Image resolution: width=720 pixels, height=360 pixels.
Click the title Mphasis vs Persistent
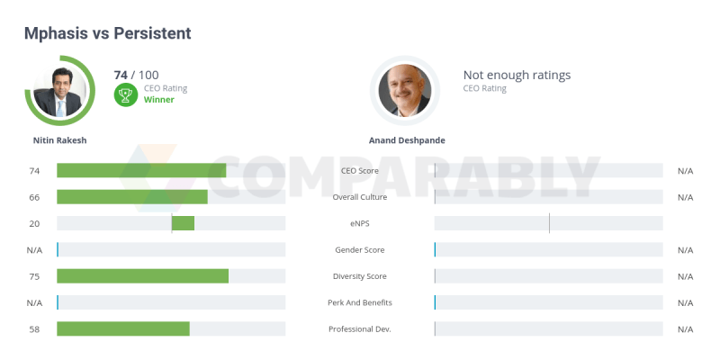point(107,33)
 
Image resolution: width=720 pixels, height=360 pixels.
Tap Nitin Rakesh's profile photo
point(60,91)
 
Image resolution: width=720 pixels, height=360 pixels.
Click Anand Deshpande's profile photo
point(405,91)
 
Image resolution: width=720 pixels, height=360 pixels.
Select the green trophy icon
point(126,94)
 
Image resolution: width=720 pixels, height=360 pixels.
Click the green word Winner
point(159,100)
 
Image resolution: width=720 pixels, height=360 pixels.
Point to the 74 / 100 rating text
point(137,75)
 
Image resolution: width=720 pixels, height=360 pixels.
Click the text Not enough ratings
point(517,76)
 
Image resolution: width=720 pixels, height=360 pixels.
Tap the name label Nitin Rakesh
point(59,141)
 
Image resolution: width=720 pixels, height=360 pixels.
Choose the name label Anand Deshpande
point(407,141)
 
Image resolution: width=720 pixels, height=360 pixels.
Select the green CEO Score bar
point(141,171)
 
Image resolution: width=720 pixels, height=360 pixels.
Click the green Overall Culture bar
point(132,197)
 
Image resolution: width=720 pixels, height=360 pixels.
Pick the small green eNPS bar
point(183,223)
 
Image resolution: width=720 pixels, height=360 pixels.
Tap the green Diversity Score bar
point(142,276)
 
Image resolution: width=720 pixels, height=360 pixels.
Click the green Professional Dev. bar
point(123,329)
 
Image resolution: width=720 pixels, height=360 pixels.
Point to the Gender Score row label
point(360,250)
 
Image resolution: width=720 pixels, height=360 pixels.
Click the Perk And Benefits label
point(360,302)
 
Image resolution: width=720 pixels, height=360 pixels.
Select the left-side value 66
point(35,197)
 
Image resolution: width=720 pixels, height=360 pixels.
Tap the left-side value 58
point(35,329)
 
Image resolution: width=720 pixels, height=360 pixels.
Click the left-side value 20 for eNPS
point(35,223)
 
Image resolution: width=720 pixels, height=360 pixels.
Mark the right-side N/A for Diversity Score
point(685,276)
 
